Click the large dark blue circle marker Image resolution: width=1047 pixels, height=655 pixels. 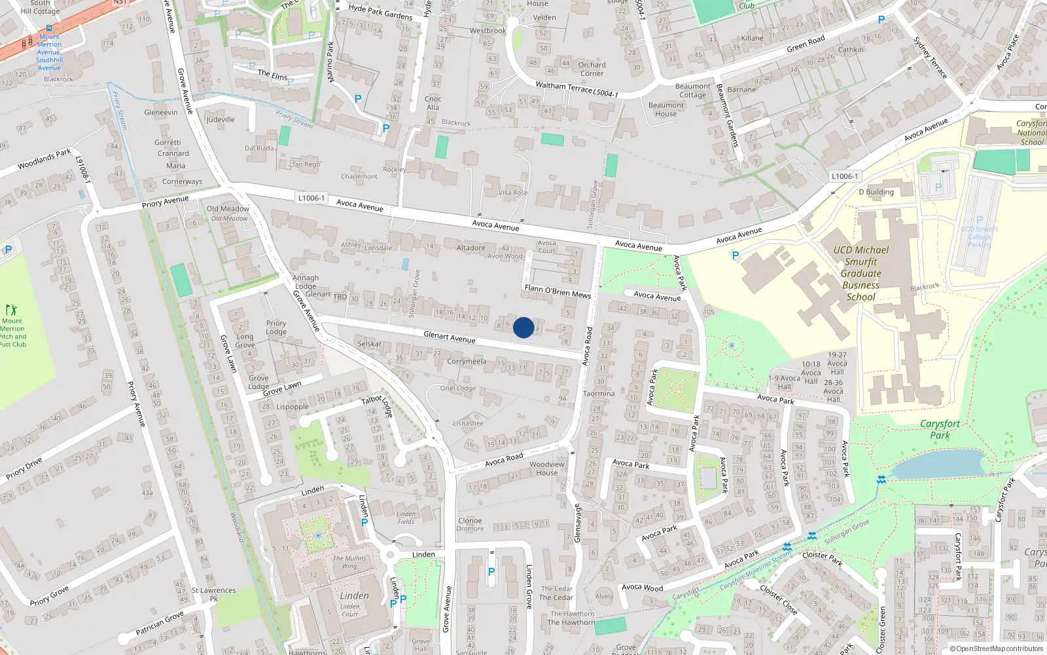pyautogui.click(x=523, y=327)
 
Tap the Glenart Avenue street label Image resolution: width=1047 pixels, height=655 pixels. pyautogui.click(x=449, y=337)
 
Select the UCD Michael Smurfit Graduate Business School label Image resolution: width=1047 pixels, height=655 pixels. pyautogui.click(x=861, y=273)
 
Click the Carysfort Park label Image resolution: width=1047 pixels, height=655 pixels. pyautogui.click(x=940, y=429)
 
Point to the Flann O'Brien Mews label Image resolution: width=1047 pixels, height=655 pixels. pyautogui.click(x=558, y=291)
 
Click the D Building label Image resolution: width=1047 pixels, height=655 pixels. pyautogui.click(x=876, y=192)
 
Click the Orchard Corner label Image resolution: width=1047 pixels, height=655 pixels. pyautogui.click(x=592, y=69)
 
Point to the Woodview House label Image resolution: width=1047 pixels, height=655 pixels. pyautogui.click(x=547, y=468)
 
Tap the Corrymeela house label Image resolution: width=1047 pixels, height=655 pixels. pyautogui.click(x=467, y=361)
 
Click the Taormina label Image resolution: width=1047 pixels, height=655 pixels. pyautogui.click(x=599, y=394)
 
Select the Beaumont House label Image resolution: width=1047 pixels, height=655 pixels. pyautogui.click(x=666, y=109)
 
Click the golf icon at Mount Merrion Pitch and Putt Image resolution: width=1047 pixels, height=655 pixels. pyautogui.click(x=11, y=310)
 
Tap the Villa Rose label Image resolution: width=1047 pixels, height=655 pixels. pyautogui.click(x=513, y=193)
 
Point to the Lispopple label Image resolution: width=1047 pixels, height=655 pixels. pyautogui.click(x=293, y=407)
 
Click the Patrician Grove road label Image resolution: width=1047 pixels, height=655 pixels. pyautogui.click(x=160, y=623)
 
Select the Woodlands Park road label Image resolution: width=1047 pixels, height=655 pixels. pyautogui.click(x=44, y=159)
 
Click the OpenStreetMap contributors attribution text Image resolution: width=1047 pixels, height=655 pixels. pyautogui.click(x=999, y=648)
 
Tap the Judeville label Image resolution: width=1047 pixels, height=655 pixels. pyautogui.click(x=221, y=120)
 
